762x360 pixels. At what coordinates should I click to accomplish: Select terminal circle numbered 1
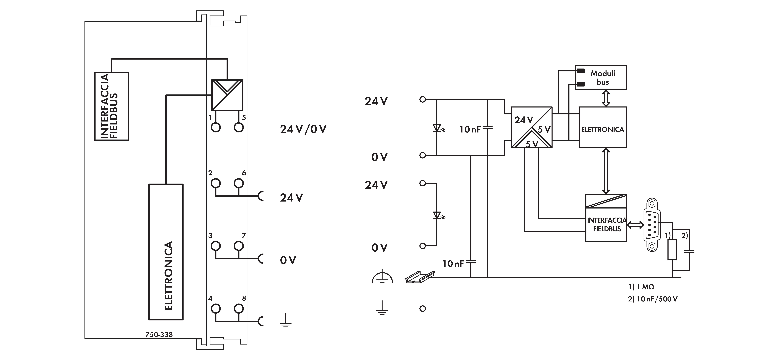pyautogui.click(x=216, y=127)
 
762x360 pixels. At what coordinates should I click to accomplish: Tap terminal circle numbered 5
pyautogui.click(x=239, y=127)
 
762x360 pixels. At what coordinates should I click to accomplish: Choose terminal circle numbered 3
pyautogui.click(x=216, y=246)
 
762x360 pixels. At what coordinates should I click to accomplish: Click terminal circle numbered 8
pyautogui.click(x=239, y=309)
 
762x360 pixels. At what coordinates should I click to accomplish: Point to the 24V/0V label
pyautogui.click(x=303, y=129)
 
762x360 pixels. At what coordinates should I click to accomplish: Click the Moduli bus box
pyautogui.click(x=601, y=78)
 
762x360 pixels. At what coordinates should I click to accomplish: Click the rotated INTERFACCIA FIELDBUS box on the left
pyautogui.click(x=112, y=106)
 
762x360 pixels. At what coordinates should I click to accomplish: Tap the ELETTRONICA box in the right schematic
pyautogui.click(x=603, y=127)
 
